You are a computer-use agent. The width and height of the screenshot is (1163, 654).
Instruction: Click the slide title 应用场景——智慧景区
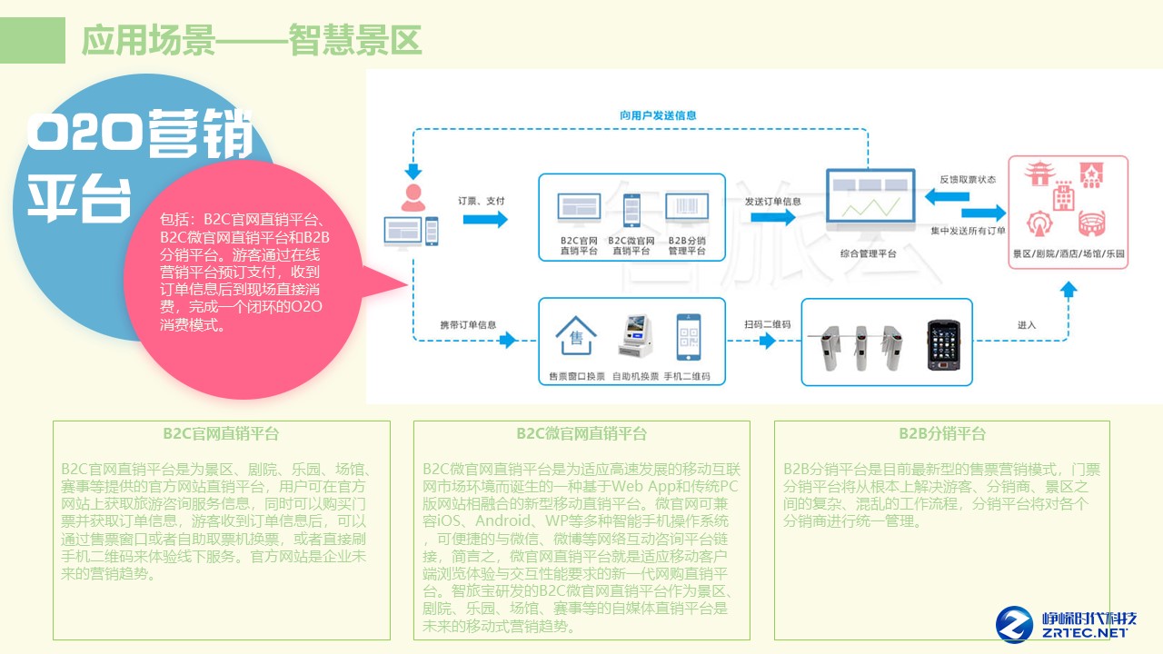pyautogui.click(x=252, y=40)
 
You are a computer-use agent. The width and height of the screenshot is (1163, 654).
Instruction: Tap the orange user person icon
pyautogui.click(x=413, y=197)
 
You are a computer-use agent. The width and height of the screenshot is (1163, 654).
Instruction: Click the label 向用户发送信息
pyautogui.click(x=658, y=115)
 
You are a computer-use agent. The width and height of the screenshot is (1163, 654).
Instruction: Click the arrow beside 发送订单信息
pyautogui.click(x=772, y=219)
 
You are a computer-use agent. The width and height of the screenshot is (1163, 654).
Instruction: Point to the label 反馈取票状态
pyautogui.click(x=967, y=180)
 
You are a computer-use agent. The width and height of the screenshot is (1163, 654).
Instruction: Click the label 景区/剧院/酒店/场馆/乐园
pyautogui.click(x=1069, y=253)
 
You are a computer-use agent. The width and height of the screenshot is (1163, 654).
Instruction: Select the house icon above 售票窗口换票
pyautogui.click(x=575, y=338)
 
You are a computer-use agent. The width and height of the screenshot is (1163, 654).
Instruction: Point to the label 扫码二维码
pyautogui.click(x=767, y=324)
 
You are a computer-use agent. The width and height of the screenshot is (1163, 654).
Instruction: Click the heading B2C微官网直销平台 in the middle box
pyautogui.click(x=581, y=433)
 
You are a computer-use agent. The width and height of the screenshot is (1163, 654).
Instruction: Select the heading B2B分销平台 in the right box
pyautogui.click(x=942, y=433)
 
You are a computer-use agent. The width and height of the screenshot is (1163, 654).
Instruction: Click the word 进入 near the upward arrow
pyautogui.click(x=1027, y=324)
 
